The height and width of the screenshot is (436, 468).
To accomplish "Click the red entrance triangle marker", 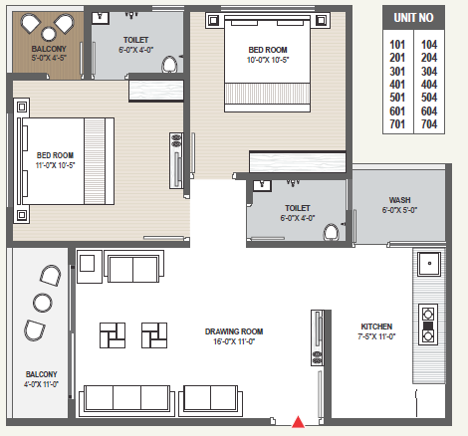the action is coord(298,421).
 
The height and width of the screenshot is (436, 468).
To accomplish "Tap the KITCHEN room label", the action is coord(376,327).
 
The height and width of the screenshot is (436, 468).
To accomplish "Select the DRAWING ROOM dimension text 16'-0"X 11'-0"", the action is coord(234,341).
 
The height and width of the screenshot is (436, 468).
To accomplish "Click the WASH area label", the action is coord(399,200).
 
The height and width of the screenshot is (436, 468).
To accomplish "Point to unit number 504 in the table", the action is coord(429,98).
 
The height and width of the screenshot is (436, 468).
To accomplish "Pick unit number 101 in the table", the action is coord(397,45).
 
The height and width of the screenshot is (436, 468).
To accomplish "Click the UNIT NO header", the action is coord(413,18).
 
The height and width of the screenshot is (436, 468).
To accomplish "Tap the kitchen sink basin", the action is coord(429,264).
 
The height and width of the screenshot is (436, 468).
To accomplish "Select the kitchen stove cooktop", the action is coord(428,325).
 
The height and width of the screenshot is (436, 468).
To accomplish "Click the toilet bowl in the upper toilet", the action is coord(169,65).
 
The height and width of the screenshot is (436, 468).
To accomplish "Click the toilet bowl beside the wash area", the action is coord(331,232).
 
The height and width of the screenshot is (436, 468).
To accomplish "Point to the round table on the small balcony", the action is coord(49,34).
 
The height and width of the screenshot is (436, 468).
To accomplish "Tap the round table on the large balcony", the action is coord(43,303).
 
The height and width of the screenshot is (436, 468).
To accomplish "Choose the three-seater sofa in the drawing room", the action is coord(126,400).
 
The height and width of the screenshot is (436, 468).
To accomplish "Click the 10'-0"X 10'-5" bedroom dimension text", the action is coord(268,60).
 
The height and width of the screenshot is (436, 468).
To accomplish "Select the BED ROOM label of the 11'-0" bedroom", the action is coord(55,155).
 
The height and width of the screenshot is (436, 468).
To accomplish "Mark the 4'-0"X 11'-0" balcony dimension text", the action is coord(41,384).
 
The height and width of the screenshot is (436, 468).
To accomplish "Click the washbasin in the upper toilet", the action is coord(101,18).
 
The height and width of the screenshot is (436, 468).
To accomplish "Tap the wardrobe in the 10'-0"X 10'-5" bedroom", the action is coord(298,162).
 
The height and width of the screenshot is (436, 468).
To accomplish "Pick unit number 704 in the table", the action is coord(429,124).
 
